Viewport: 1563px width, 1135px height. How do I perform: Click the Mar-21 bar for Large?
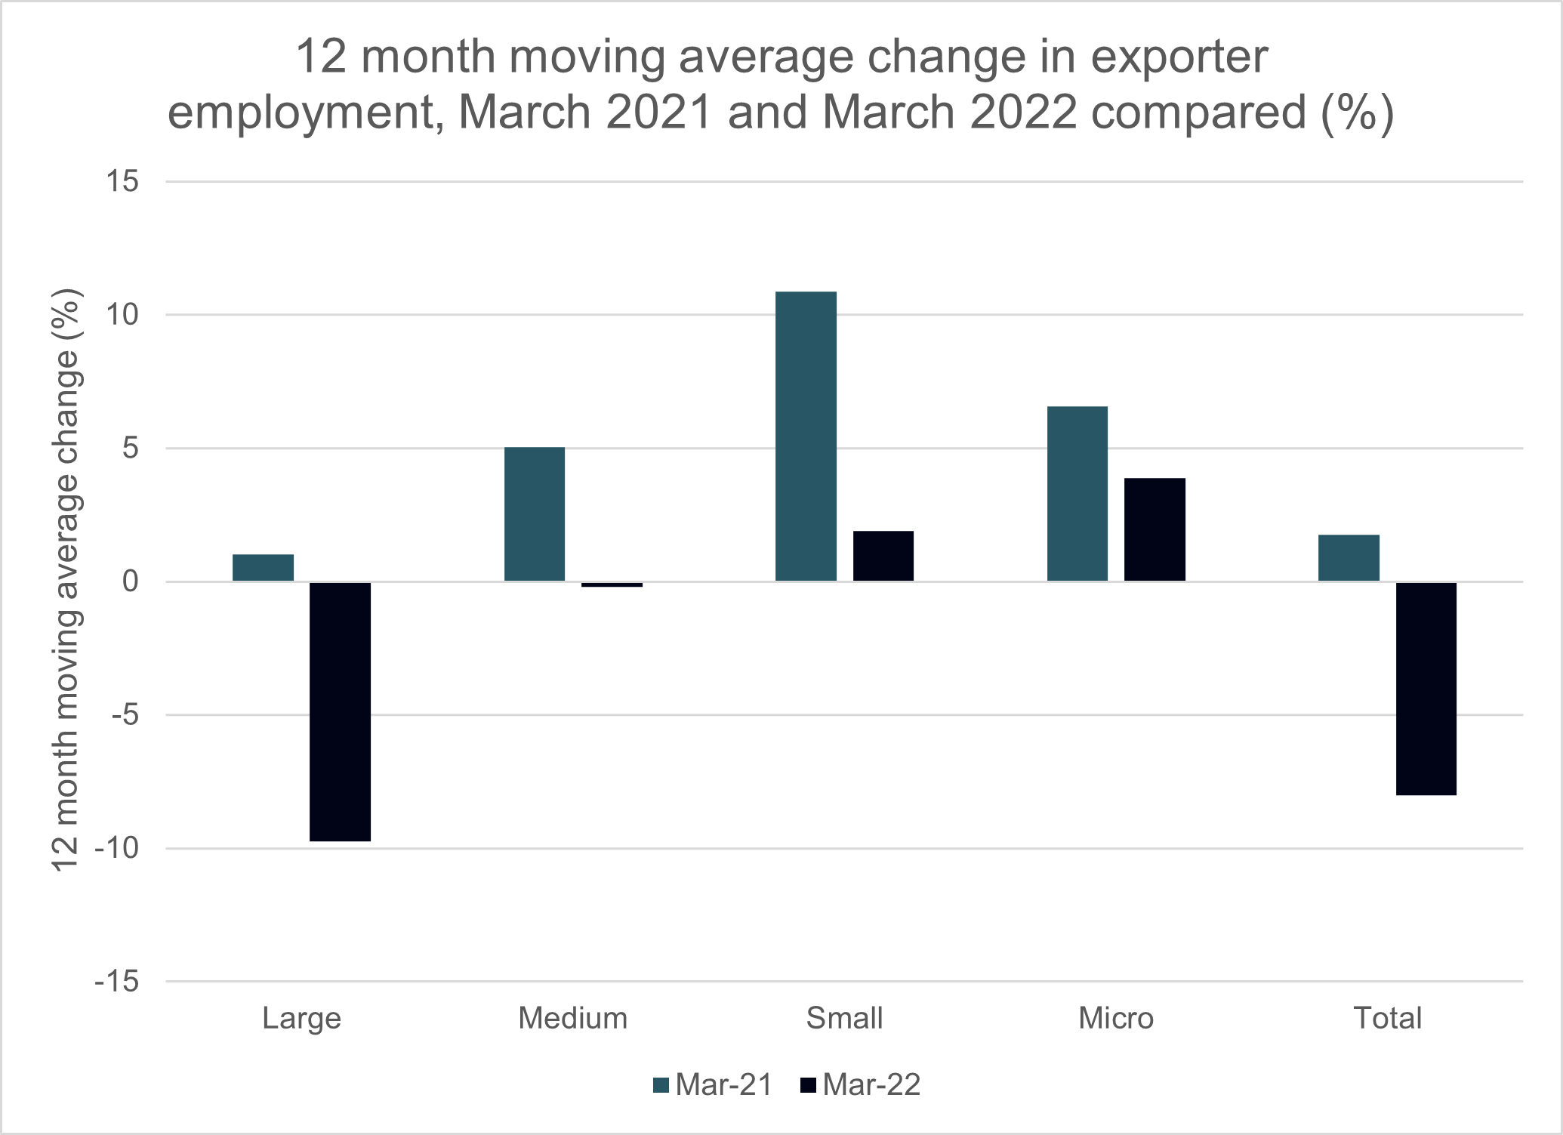tap(263, 567)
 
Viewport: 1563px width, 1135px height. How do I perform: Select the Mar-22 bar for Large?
tap(340, 711)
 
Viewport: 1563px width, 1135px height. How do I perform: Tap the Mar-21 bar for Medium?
tap(535, 514)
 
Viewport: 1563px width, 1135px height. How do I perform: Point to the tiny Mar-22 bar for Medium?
tap(612, 584)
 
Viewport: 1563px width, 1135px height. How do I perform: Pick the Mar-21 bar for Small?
tap(806, 436)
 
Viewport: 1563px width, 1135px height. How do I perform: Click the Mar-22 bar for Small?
tap(883, 556)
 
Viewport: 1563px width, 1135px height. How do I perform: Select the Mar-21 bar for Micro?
tap(1077, 493)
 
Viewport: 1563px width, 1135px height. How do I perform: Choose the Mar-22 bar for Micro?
tap(1155, 529)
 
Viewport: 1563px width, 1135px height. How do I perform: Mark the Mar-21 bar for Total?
tap(1349, 557)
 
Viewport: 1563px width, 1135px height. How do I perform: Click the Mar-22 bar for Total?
tap(1426, 688)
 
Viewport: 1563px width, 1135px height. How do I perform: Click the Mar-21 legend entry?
tap(713, 1084)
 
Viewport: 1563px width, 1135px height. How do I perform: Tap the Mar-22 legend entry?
tap(860, 1084)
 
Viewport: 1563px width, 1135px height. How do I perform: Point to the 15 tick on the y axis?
tap(122, 181)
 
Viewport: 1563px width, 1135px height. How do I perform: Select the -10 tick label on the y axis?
tap(116, 848)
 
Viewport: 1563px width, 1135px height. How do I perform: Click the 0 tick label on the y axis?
tap(130, 581)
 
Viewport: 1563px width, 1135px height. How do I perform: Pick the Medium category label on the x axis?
tap(572, 1018)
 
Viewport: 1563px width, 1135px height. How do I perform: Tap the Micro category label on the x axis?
tap(1115, 1018)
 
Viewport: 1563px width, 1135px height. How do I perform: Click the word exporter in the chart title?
tap(1179, 57)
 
